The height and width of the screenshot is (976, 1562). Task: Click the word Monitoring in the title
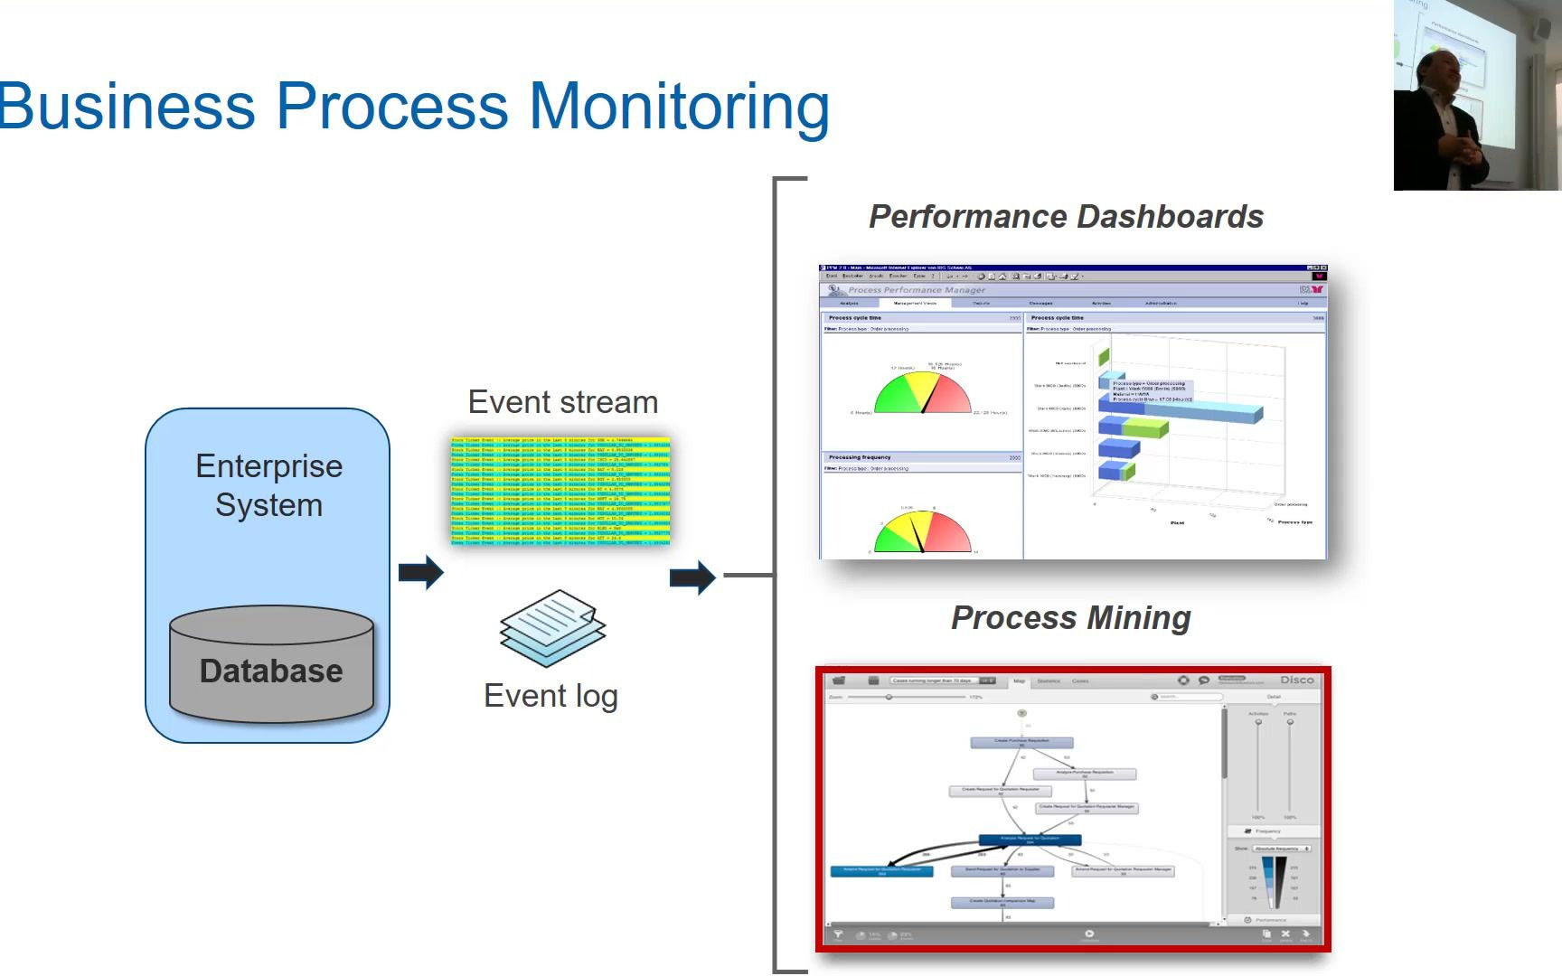click(678, 108)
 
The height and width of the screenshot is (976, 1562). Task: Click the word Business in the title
click(127, 106)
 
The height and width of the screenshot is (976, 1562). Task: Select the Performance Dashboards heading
click(1066, 217)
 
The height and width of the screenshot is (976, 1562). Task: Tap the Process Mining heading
click(1070, 618)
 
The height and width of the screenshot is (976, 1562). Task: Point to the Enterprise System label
click(269, 485)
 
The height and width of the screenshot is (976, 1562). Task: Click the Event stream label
click(562, 402)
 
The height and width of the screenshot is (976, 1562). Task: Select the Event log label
click(550, 696)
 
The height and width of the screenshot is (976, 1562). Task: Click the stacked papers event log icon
click(552, 628)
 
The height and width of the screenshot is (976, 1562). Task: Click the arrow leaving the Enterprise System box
click(421, 572)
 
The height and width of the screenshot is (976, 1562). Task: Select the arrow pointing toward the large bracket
click(692, 577)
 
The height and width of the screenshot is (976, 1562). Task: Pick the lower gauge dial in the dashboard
click(922, 533)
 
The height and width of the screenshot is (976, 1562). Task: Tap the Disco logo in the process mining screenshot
click(1296, 680)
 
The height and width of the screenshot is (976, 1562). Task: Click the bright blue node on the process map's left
click(881, 871)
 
